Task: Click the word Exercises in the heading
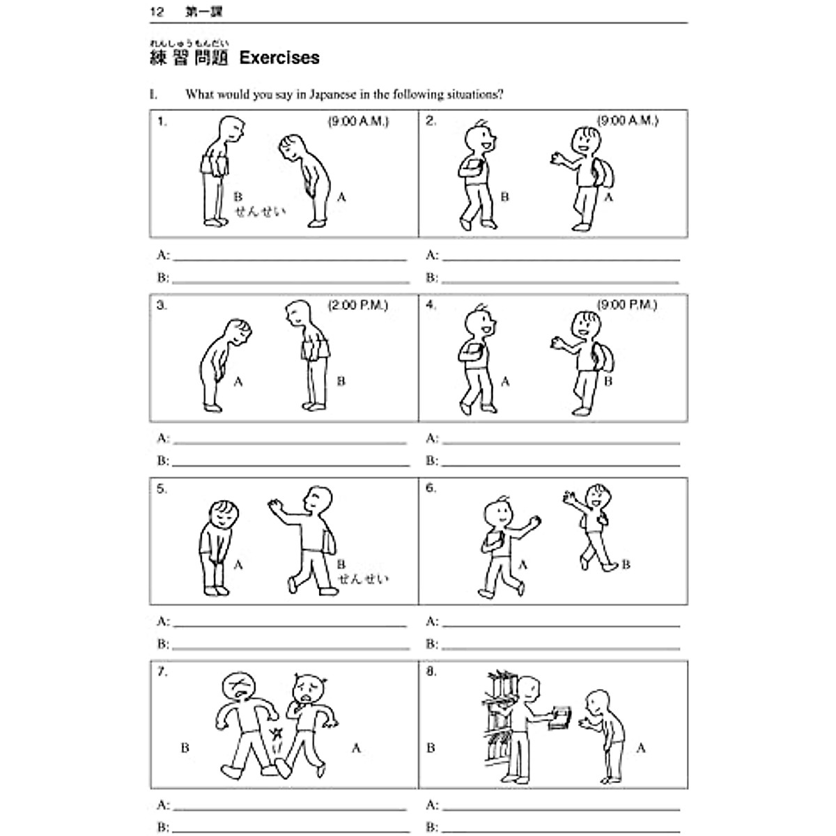(279, 58)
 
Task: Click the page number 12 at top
(157, 12)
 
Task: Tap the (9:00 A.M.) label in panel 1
(358, 122)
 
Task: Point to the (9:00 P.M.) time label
(627, 305)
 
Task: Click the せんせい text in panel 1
(260, 212)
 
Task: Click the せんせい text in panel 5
(363, 579)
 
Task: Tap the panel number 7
(162, 672)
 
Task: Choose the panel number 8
(431, 672)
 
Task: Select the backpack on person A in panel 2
(604, 171)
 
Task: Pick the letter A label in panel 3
(238, 382)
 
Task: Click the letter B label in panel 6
(626, 565)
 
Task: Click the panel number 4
(431, 305)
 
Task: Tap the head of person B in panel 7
(240, 690)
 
